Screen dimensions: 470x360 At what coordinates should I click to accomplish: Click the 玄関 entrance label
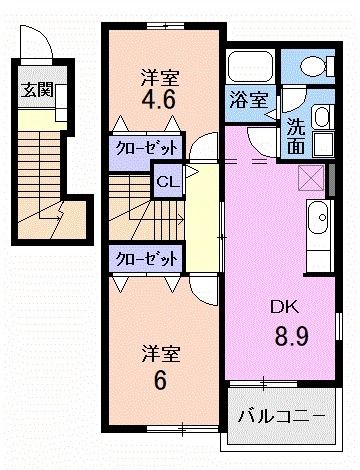click(x=38, y=89)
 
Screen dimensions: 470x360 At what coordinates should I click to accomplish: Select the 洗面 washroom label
click(x=297, y=135)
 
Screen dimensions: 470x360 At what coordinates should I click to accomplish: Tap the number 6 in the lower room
click(x=158, y=381)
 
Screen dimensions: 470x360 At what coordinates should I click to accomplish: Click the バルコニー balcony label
click(x=281, y=413)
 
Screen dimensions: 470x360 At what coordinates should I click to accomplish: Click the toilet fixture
click(x=316, y=67)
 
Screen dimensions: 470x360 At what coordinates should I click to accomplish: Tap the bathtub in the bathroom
click(x=250, y=68)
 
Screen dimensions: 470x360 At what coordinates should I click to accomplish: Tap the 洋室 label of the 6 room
click(x=159, y=354)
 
